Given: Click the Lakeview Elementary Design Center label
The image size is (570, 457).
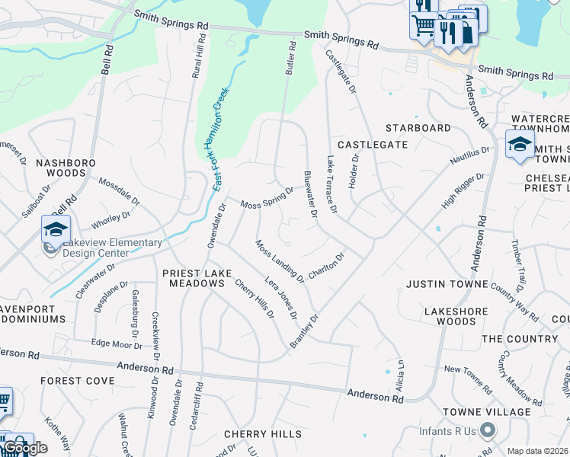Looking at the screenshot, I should [112, 248].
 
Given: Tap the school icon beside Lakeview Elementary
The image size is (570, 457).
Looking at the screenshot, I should [56, 229].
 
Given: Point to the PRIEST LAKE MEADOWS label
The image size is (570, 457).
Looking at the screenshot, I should [194, 277].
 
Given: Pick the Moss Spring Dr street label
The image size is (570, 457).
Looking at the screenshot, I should [267, 198].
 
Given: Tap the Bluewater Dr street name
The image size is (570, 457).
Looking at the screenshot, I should [310, 193].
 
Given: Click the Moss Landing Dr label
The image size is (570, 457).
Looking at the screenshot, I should [280, 260].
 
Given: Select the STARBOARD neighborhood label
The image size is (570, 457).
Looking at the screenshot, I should [418, 128].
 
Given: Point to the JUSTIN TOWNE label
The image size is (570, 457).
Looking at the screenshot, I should [447, 284].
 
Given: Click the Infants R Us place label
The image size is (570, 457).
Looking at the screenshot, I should [447, 431].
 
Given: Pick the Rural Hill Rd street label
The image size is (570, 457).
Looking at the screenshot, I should [200, 57].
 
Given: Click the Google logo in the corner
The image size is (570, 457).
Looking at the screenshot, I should [25, 447].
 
